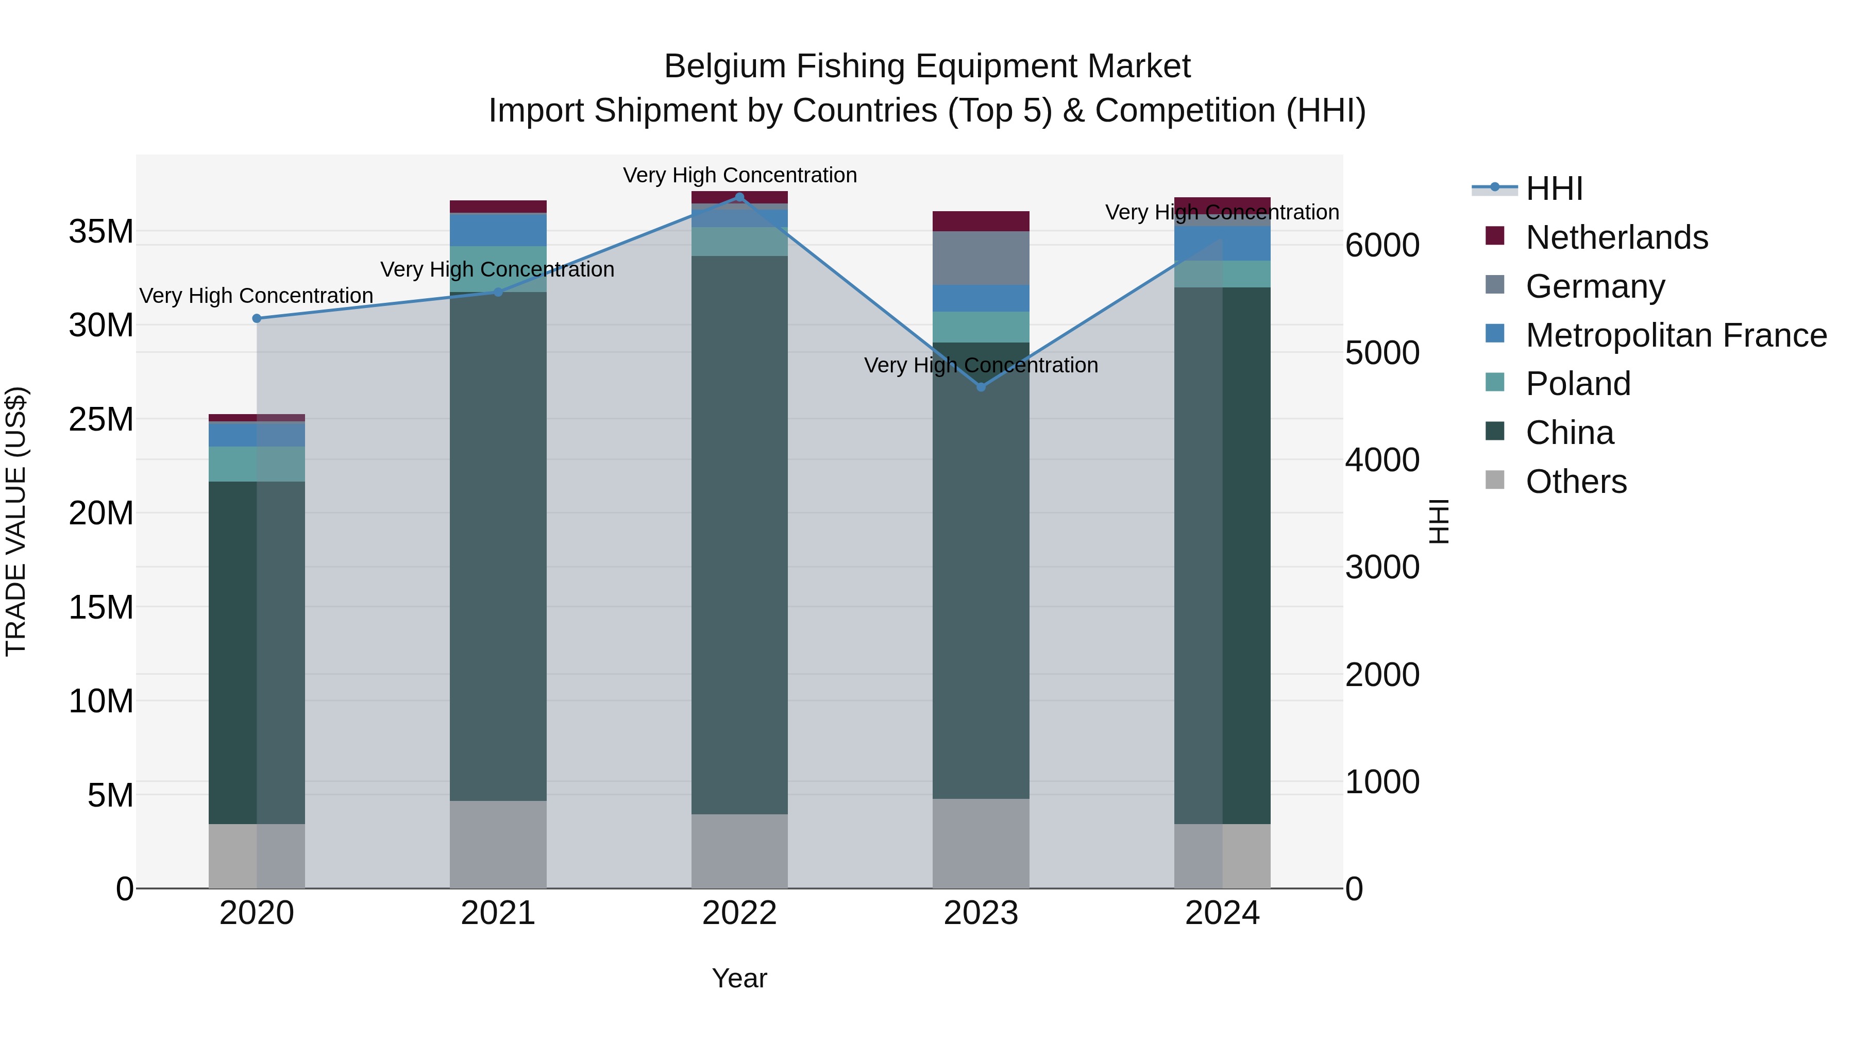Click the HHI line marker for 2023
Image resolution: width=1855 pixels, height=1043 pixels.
[x=981, y=387]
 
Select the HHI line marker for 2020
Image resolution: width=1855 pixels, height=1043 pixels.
[x=257, y=318]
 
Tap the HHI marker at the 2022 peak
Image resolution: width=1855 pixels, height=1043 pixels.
[x=739, y=197]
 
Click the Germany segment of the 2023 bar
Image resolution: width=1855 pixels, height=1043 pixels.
[x=981, y=258]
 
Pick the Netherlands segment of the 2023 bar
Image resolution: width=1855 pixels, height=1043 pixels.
[x=981, y=221]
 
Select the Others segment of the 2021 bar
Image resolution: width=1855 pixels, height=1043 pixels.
[x=498, y=844]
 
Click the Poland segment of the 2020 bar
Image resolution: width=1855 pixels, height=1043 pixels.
[x=257, y=464]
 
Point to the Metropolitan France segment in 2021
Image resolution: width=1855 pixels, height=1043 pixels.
[x=498, y=230]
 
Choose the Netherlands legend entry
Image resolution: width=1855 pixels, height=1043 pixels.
[x=1616, y=237]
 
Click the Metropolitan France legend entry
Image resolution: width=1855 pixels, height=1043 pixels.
[x=1675, y=335]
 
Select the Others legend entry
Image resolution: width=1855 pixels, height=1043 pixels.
[x=1576, y=482]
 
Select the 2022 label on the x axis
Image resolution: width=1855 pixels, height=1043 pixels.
[x=739, y=913]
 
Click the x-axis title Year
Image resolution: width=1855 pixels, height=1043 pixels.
[x=739, y=978]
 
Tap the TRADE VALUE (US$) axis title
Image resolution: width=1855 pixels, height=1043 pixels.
[x=16, y=521]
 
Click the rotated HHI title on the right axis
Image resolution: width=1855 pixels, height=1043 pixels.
[x=1438, y=521]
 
